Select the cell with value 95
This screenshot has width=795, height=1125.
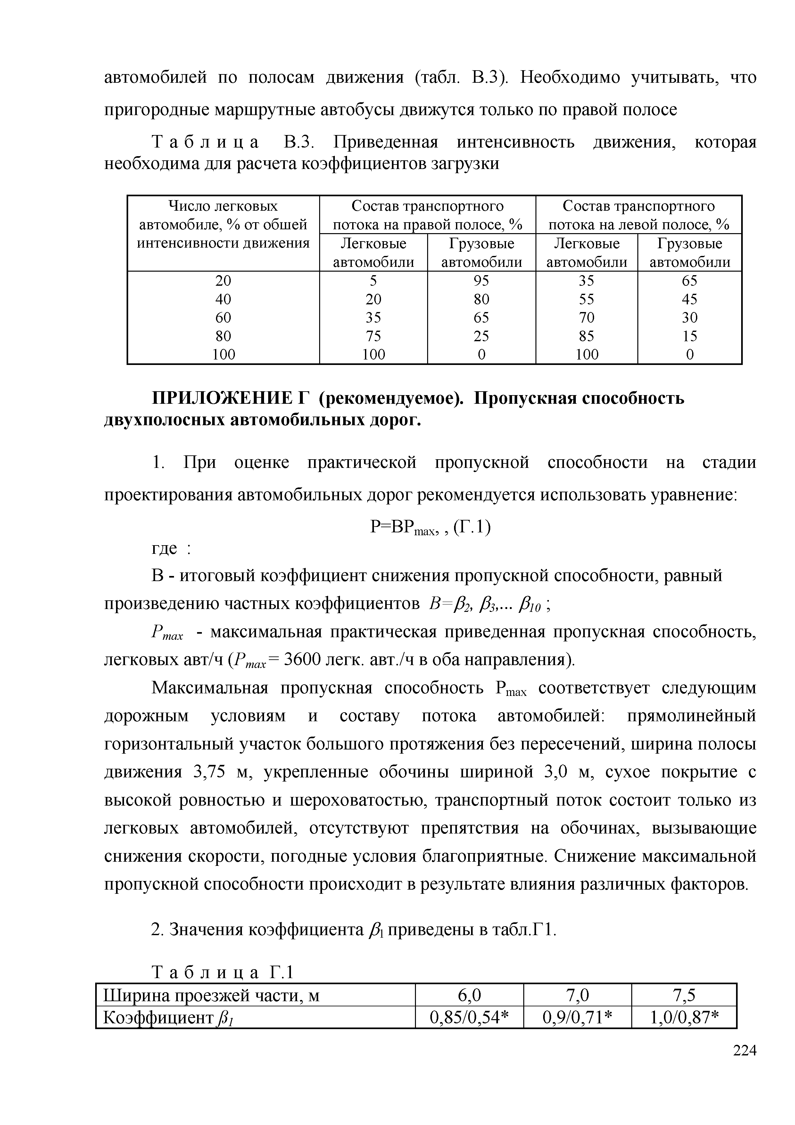pos(481,280)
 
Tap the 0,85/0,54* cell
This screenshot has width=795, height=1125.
pos(469,1017)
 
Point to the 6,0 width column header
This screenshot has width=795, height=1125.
pos(469,995)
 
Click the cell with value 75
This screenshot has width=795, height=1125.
pos(374,336)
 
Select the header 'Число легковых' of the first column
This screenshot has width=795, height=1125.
pos(223,206)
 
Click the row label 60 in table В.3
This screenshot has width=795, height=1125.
pos(223,317)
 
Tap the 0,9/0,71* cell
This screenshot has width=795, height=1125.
pos(578,1017)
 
